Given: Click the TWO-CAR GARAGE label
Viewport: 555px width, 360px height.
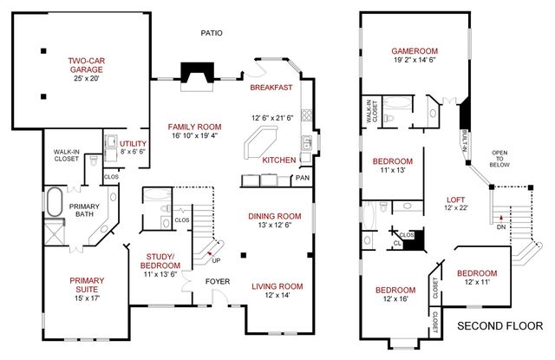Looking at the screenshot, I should [88, 66].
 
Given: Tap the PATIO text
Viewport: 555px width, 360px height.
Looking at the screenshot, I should [211, 33].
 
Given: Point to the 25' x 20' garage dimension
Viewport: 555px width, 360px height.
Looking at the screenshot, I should [88, 78].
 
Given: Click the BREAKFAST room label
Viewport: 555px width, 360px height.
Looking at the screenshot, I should [271, 88].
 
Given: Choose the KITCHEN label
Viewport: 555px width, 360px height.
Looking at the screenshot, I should [279, 160].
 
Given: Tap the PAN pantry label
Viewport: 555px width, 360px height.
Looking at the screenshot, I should [303, 179].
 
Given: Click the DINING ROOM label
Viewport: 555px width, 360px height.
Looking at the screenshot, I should [275, 216].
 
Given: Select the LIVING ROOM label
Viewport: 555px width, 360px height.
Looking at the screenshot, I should [277, 286].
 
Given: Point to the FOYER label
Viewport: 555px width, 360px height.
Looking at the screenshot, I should [217, 282].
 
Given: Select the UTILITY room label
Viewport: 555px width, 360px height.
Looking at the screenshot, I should [133, 143].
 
